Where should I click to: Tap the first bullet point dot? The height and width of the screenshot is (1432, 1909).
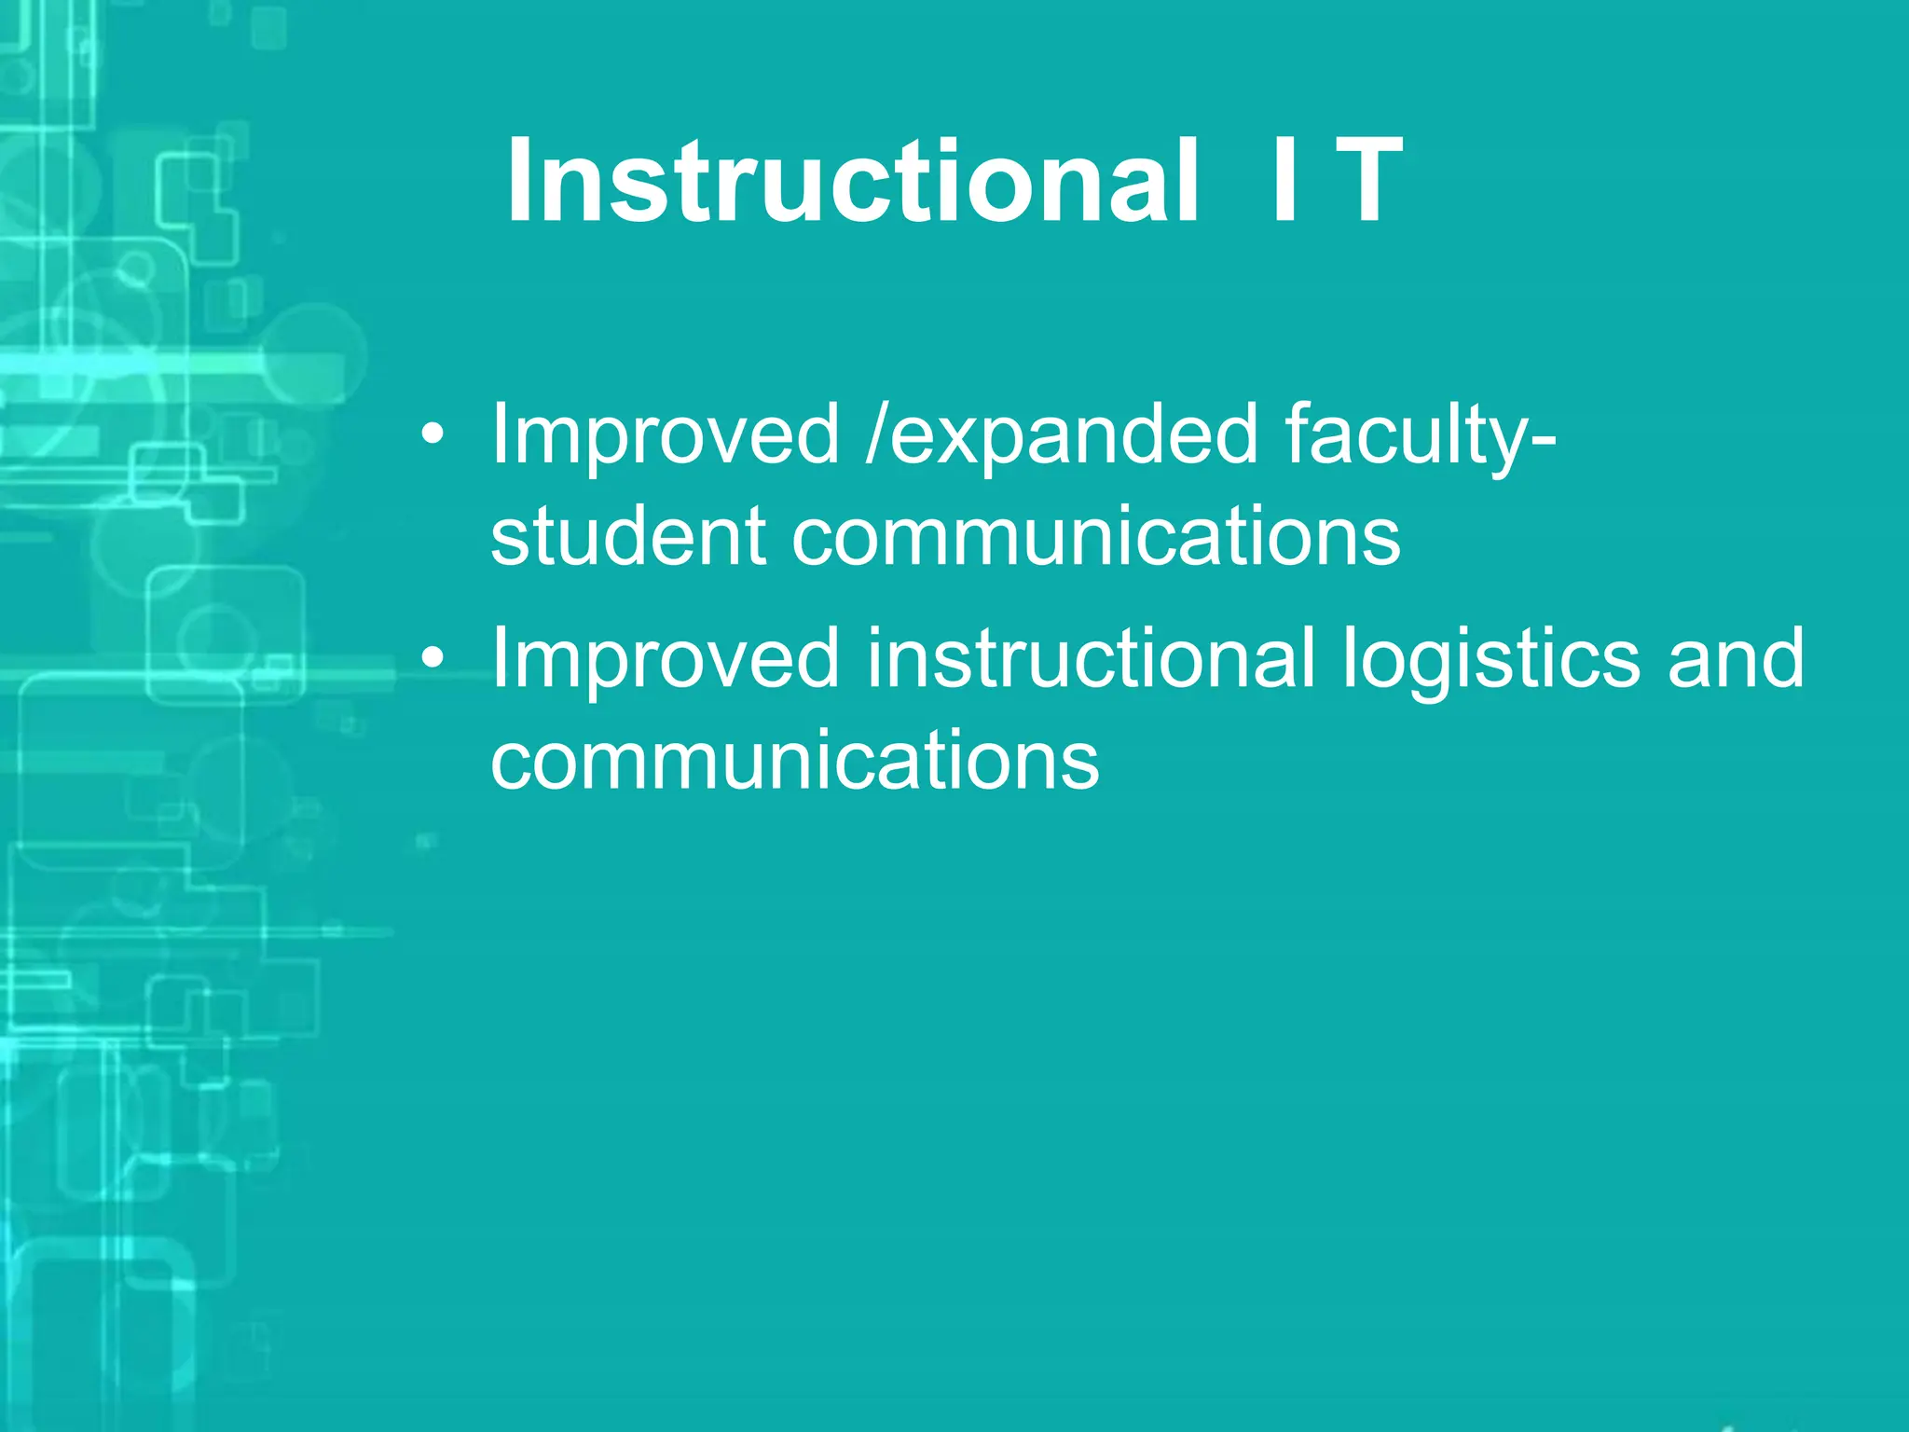tap(432, 435)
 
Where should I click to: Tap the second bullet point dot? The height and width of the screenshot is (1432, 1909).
tap(432, 659)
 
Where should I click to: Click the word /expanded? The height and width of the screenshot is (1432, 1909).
tap(1063, 436)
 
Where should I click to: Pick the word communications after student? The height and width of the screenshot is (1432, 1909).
tap(1095, 538)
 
